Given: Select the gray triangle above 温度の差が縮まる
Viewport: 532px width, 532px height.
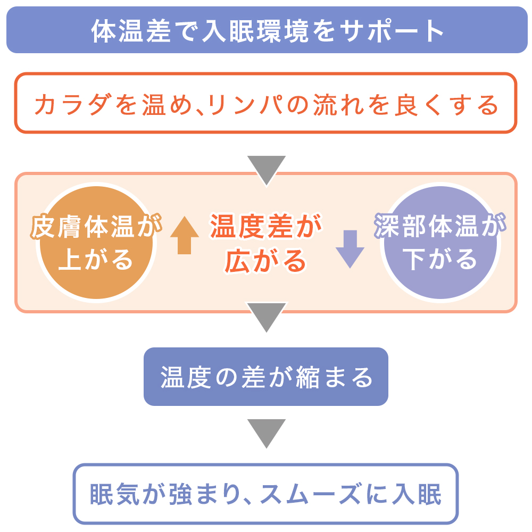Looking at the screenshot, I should click(267, 315).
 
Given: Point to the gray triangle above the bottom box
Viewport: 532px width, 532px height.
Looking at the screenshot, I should click(267, 432).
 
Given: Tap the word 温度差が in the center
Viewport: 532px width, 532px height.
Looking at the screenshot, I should click(266, 227).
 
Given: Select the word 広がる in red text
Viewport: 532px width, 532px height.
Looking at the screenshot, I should click(266, 261).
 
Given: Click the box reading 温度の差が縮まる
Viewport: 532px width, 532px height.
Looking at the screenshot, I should click(266, 377).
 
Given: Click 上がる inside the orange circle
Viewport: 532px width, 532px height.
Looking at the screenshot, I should click(96, 260).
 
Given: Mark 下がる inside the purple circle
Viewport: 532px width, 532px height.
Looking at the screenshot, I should click(440, 260).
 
